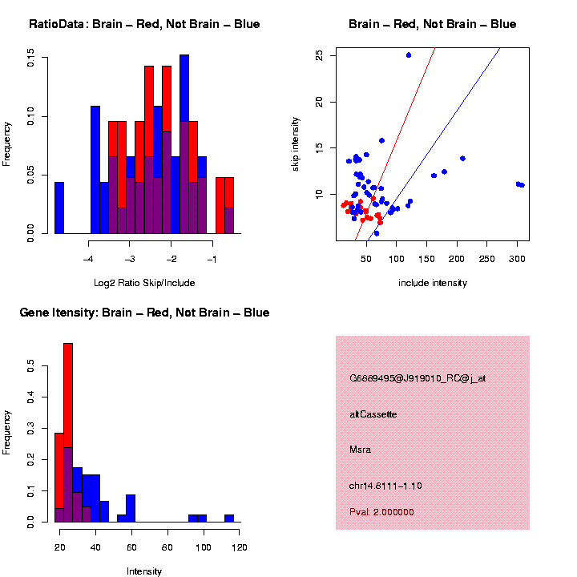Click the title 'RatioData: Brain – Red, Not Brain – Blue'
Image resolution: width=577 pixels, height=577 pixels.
tap(144, 24)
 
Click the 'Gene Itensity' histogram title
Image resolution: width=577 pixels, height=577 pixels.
tap(144, 313)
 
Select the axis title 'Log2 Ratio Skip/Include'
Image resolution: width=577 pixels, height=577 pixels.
tap(144, 283)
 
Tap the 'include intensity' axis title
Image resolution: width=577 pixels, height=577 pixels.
tap(433, 283)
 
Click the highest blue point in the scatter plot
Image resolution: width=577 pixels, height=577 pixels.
tap(409, 55)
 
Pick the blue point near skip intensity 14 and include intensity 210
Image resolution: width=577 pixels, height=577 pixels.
tap(462, 159)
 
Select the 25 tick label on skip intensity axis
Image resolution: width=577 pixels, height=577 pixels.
tap(319, 55)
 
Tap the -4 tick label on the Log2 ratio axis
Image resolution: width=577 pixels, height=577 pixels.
tap(89, 259)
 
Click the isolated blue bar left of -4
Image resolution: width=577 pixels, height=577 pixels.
tap(59, 208)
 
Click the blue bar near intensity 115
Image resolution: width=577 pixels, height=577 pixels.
tap(229, 518)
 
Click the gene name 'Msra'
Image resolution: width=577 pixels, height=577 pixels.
tap(360, 450)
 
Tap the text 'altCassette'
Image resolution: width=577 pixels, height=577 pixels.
tap(373, 414)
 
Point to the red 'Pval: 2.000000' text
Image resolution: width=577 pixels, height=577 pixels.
tap(381, 512)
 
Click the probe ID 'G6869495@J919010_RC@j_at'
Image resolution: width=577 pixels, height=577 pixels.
tap(418, 378)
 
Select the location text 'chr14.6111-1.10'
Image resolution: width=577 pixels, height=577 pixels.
tap(385, 486)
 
